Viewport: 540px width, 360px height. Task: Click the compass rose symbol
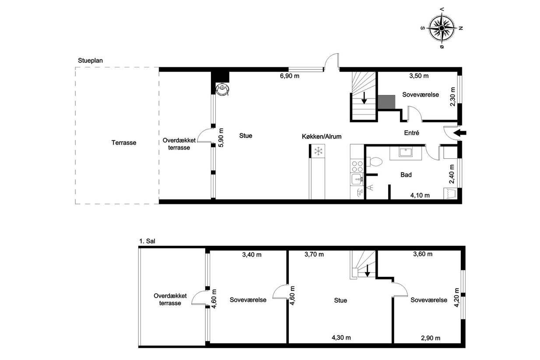click(442, 28)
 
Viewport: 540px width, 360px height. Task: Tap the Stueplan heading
click(91, 60)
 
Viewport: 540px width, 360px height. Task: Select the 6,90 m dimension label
click(290, 76)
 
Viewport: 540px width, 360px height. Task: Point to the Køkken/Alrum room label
click(322, 136)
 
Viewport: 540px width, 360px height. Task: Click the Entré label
click(411, 133)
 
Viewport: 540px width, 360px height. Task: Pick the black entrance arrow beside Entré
click(460, 133)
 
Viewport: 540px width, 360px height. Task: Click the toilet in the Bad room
click(375, 161)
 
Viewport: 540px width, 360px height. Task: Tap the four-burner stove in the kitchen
click(357, 166)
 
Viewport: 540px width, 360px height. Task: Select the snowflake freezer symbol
click(318, 151)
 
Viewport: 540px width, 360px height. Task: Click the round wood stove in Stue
click(222, 89)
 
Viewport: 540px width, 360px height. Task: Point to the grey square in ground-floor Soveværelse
click(386, 102)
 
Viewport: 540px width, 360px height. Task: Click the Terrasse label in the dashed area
click(124, 143)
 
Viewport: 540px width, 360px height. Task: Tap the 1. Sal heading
click(147, 241)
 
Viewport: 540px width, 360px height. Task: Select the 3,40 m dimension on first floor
click(252, 255)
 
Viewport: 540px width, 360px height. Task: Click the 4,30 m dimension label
click(341, 338)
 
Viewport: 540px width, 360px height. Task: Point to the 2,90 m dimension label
click(431, 338)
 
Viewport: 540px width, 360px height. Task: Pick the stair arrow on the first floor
click(367, 271)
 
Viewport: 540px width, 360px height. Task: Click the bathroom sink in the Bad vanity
click(406, 152)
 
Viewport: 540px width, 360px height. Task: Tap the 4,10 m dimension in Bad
click(420, 195)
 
